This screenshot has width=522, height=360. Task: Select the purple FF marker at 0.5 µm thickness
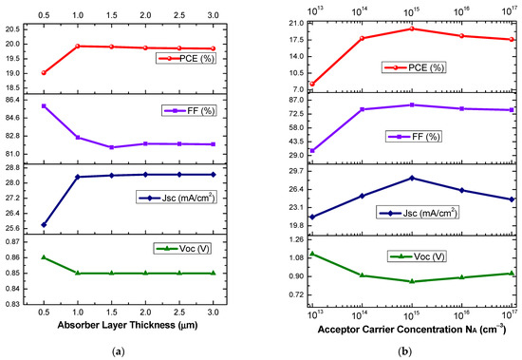pyautogui.click(x=44, y=105)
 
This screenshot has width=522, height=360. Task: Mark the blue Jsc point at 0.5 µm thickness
pyautogui.click(x=44, y=225)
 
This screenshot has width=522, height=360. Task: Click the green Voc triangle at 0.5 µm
pyautogui.click(x=44, y=257)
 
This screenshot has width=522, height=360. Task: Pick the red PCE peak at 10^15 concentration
pyautogui.click(x=411, y=28)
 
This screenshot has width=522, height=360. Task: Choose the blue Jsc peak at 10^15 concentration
pyautogui.click(x=411, y=178)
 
